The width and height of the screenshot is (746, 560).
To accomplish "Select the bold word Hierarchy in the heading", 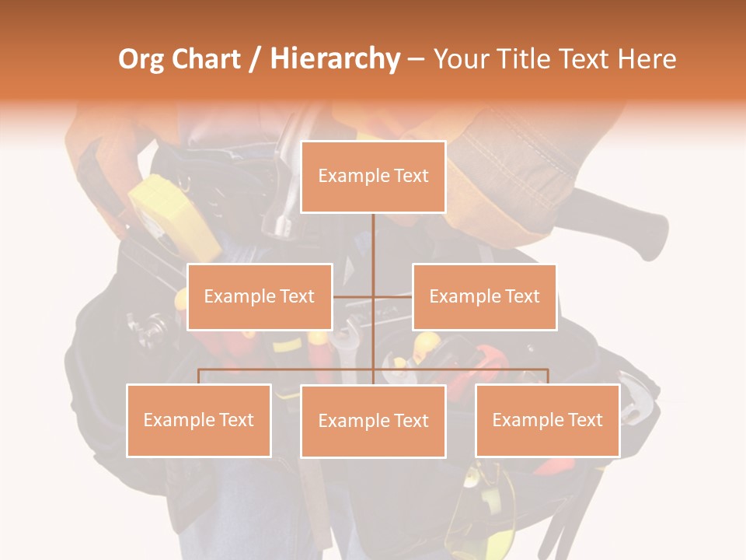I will pos(335,59).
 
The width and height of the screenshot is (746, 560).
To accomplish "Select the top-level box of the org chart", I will pos(373,177).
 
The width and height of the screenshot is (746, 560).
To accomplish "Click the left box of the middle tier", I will pos(260,296).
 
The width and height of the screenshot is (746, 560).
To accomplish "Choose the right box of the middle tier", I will pos(484,296).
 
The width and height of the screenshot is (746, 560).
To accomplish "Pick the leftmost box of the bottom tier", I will pos(199,420).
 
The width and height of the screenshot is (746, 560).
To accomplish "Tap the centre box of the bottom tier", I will pos(373,421).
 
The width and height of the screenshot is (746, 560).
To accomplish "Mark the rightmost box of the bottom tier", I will pos(548,420).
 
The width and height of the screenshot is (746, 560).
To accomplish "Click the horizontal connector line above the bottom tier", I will pos(288,369).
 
